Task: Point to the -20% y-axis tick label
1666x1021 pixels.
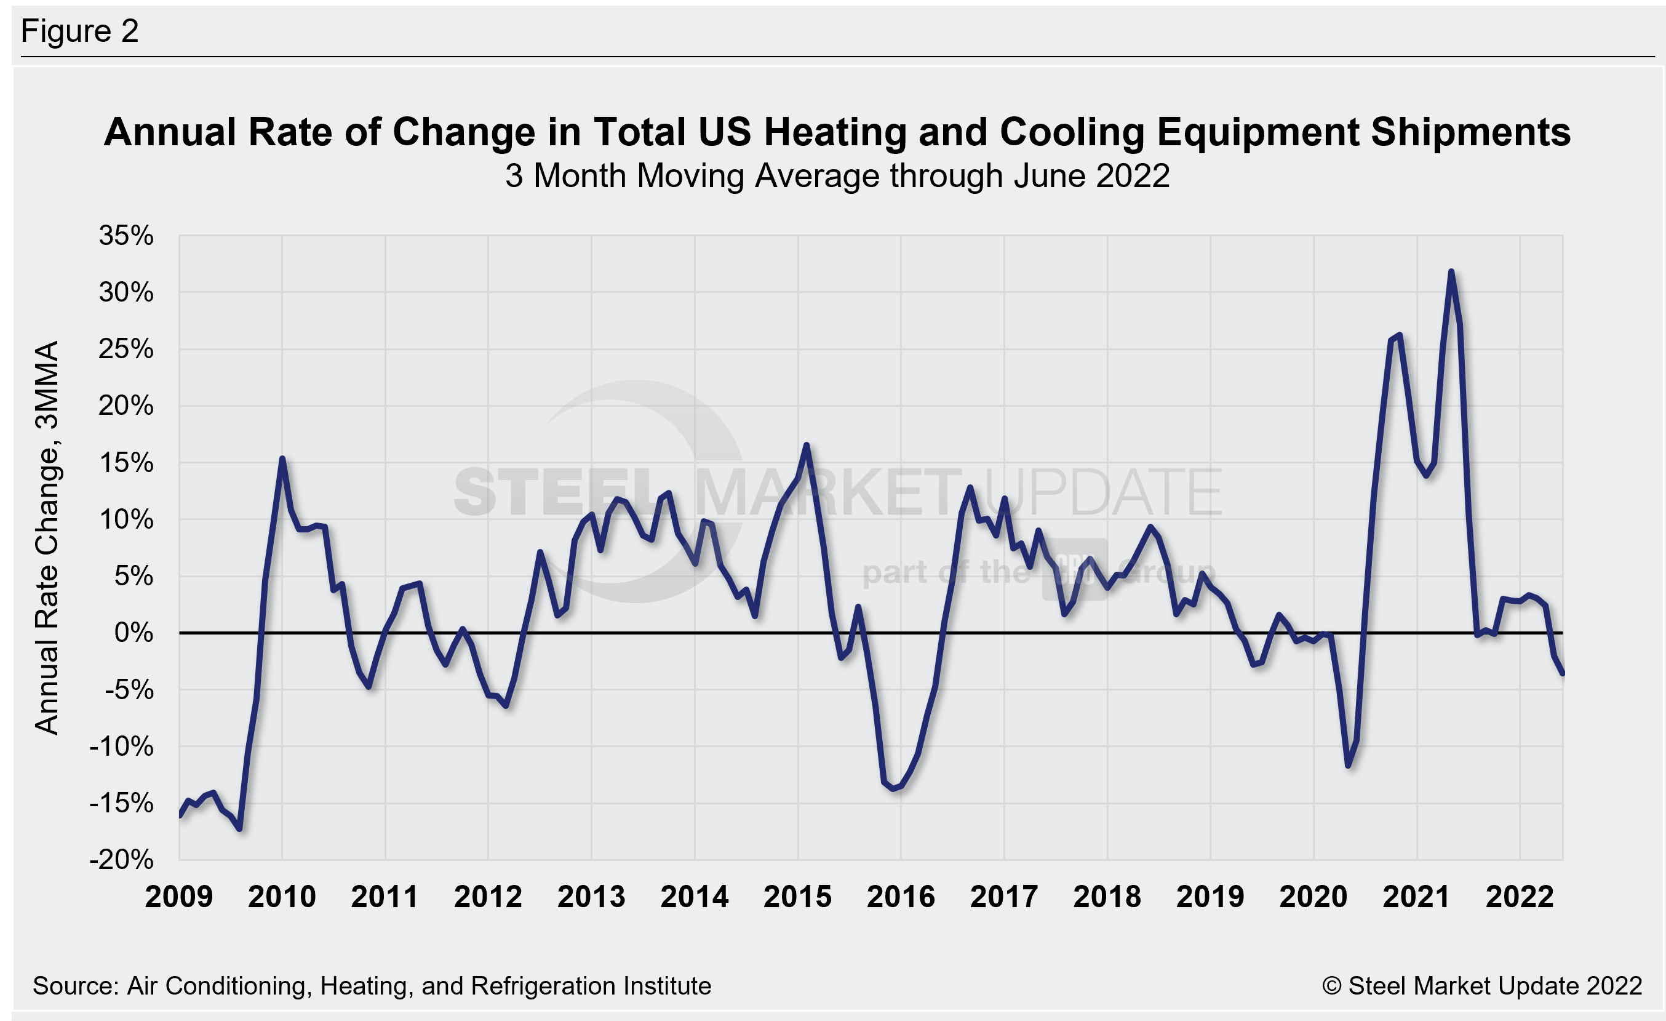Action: click(122, 860)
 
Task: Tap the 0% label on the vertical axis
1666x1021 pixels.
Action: click(134, 633)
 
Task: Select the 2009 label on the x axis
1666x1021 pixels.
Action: click(178, 897)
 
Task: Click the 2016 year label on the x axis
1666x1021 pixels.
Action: click(901, 897)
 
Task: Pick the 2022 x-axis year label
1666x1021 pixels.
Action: click(1520, 897)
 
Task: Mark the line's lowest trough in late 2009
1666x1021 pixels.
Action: click(240, 828)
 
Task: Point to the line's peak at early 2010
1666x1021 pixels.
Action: click(282, 459)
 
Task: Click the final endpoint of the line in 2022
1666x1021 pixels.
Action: click(1563, 673)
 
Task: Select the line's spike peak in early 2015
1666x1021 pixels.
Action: click(807, 445)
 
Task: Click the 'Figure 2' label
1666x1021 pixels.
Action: click(80, 31)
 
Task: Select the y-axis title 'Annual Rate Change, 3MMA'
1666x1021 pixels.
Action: click(47, 537)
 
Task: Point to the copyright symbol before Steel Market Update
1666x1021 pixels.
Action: click(1331, 987)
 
